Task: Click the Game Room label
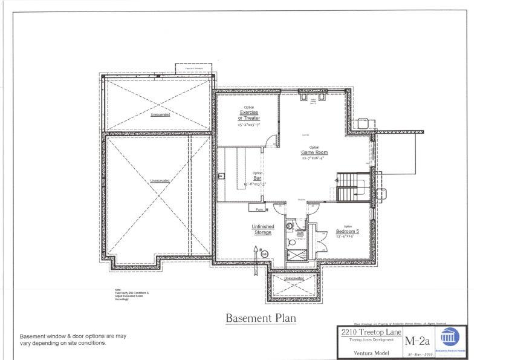tap(314, 152)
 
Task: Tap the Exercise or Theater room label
tap(250, 115)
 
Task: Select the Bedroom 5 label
tap(348, 231)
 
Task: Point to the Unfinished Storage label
tap(262, 229)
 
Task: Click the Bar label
tap(257, 178)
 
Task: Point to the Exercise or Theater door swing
tap(274, 140)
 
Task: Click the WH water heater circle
tap(264, 254)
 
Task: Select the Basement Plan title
tap(261, 317)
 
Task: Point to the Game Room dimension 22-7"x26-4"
tap(314, 158)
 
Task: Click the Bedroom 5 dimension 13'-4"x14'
tap(345, 237)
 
